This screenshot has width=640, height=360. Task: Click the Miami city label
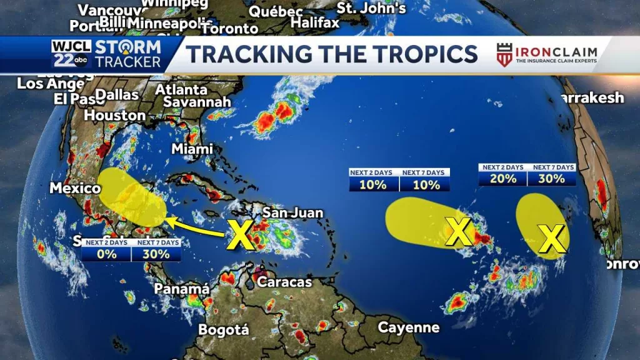(x=192, y=149)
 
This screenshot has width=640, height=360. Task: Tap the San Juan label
(x=292, y=213)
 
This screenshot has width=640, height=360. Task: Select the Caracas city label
(x=284, y=282)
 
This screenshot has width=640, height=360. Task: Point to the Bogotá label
(x=224, y=329)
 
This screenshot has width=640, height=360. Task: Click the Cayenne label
(x=409, y=327)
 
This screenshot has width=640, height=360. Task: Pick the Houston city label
(x=115, y=116)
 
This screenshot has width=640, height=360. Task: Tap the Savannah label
(x=197, y=102)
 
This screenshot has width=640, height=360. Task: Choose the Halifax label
(x=316, y=23)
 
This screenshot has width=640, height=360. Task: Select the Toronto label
(x=230, y=29)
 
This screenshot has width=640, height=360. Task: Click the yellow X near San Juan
(x=240, y=234)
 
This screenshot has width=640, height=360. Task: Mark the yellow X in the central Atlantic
(x=459, y=232)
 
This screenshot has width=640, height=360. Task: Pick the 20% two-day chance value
(x=503, y=178)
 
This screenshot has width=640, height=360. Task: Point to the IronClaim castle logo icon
(x=504, y=54)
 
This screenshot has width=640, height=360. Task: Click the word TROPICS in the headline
(x=420, y=54)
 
